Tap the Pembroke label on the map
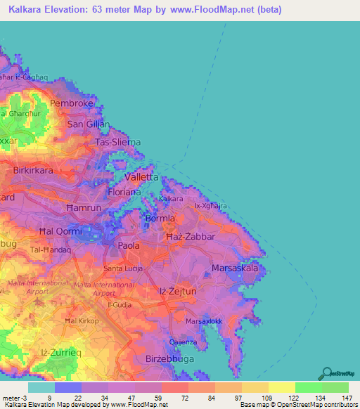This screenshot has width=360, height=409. (x=72, y=103)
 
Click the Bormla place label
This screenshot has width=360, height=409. (x=160, y=219)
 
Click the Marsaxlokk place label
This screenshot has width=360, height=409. (x=204, y=321)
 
